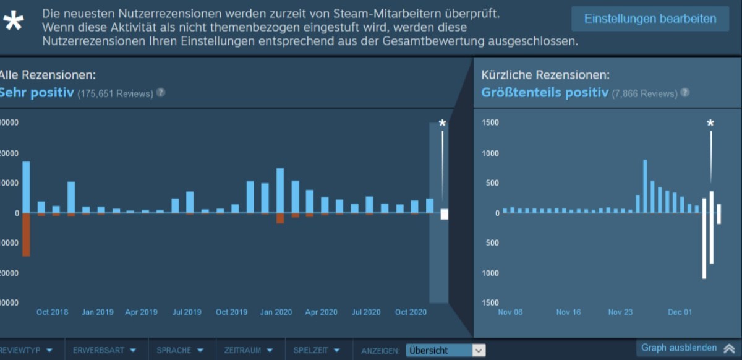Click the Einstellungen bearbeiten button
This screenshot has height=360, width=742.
coord(650,19)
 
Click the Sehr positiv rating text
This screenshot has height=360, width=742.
coord(36,93)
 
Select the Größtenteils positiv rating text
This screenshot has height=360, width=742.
coord(544,93)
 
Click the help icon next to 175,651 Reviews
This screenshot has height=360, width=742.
coord(161,93)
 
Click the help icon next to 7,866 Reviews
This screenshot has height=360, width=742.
coord(685,93)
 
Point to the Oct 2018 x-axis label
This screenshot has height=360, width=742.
coord(52,312)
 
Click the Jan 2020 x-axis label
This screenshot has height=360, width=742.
coord(276,312)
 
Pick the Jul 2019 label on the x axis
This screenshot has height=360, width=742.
coord(186,312)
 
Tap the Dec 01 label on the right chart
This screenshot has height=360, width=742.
coord(680,312)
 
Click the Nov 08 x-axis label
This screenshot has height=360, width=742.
coord(510,312)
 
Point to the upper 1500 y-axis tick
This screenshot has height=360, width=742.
coord(490,122)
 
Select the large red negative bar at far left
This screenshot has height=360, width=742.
coord(26,235)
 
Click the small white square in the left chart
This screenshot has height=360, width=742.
coord(444,215)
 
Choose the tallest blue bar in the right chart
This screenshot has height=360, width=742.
coord(645,186)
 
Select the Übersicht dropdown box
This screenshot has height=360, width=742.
coord(445,350)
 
